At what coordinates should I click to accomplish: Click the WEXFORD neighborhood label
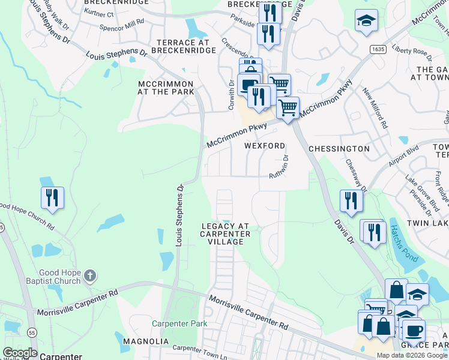[x=265, y=146]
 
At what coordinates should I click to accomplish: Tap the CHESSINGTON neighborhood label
[x=339, y=148]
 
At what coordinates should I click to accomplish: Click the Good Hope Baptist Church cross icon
[x=89, y=276]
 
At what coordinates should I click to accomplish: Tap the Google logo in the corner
[x=19, y=353]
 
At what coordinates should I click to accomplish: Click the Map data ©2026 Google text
[x=412, y=355]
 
